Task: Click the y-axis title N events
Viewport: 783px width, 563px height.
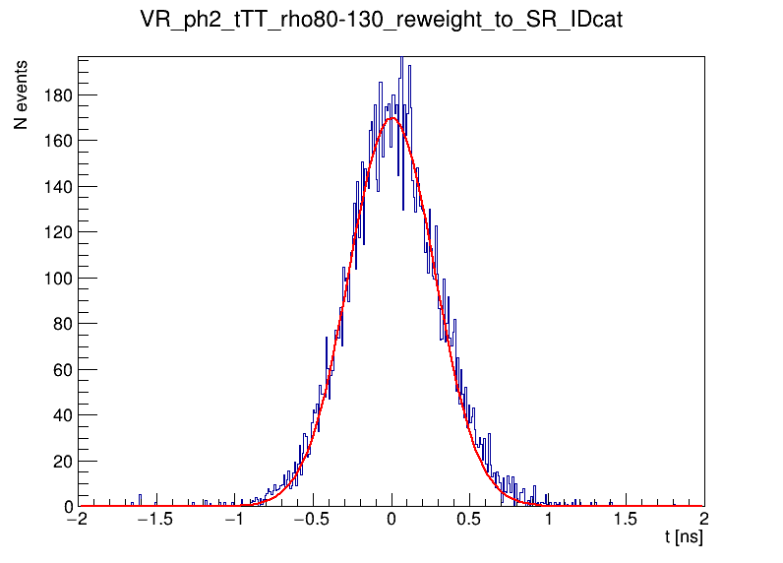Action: [x=20, y=95]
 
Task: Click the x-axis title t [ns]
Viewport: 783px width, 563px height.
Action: [x=683, y=538]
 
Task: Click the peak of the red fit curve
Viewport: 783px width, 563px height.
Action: [x=392, y=118]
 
